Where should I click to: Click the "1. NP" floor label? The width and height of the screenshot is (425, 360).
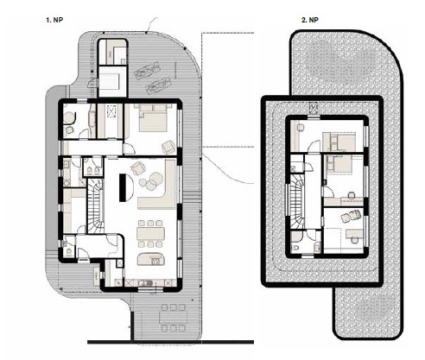point(54,20)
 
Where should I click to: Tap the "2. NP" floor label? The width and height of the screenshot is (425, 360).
point(310,20)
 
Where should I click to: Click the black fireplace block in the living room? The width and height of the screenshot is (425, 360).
point(123,187)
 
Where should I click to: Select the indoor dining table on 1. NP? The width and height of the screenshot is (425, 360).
point(150,233)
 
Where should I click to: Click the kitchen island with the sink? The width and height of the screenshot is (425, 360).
point(151,259)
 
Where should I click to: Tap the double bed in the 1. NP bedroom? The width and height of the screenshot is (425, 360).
point(153,118)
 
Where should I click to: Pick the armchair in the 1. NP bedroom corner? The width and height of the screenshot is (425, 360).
point(168,148)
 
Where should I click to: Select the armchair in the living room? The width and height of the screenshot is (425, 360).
point(137,168)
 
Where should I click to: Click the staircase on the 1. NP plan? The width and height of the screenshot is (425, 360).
point(95,205)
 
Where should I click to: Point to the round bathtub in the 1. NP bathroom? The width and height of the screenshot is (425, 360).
point(69,118)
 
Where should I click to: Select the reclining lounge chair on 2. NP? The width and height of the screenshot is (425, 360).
point(351,216)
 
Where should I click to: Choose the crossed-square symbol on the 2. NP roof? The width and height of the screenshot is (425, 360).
point(313,108)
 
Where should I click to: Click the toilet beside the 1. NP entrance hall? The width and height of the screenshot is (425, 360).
point(69,252)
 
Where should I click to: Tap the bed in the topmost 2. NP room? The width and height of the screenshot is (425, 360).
point(339,142)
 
